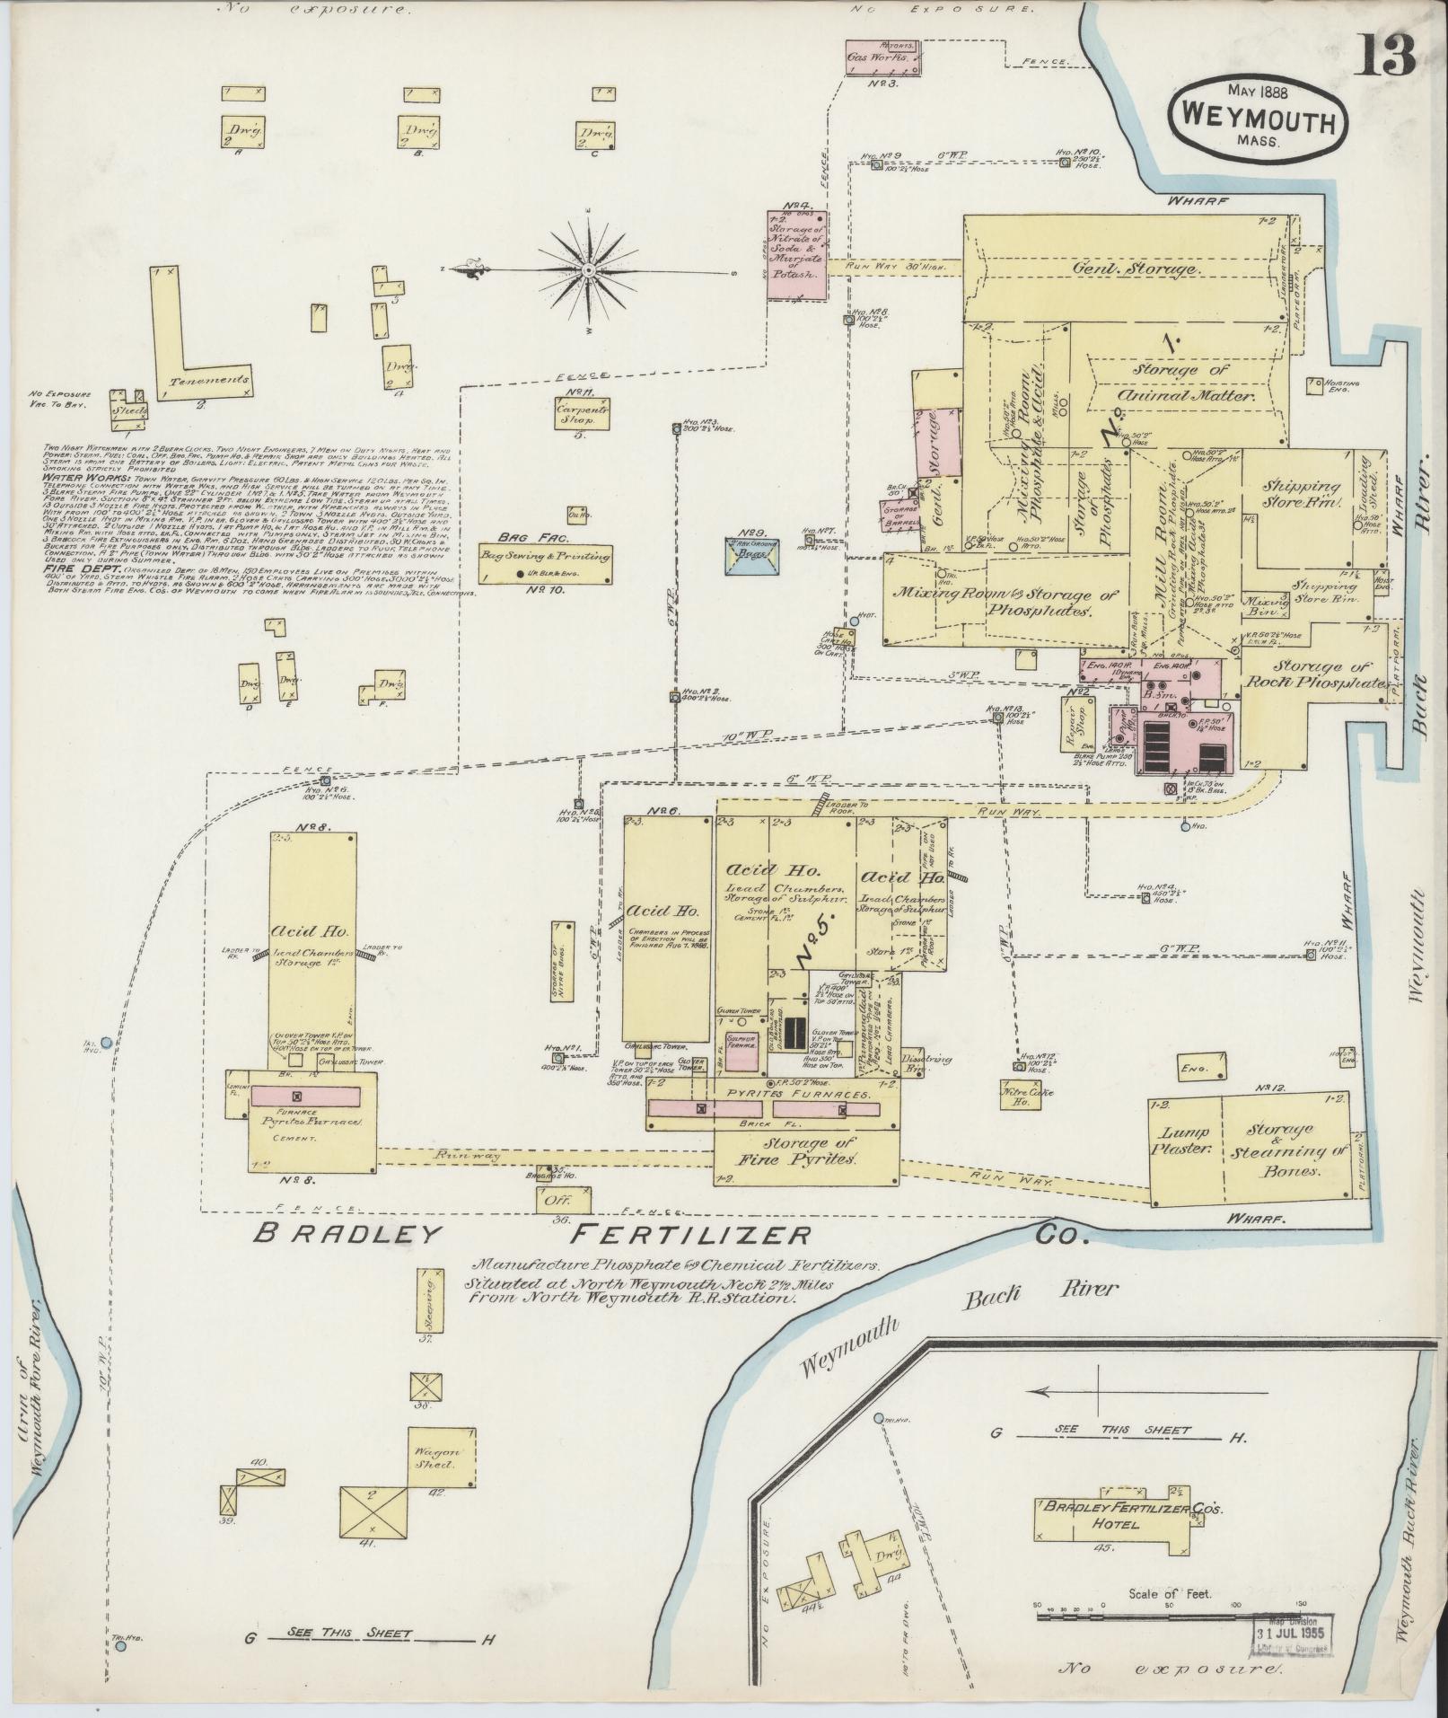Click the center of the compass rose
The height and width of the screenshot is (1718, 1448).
point(588,269)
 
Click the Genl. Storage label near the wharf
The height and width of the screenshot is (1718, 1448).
point(1133,269)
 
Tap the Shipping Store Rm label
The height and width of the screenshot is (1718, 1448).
point(1294,494)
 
